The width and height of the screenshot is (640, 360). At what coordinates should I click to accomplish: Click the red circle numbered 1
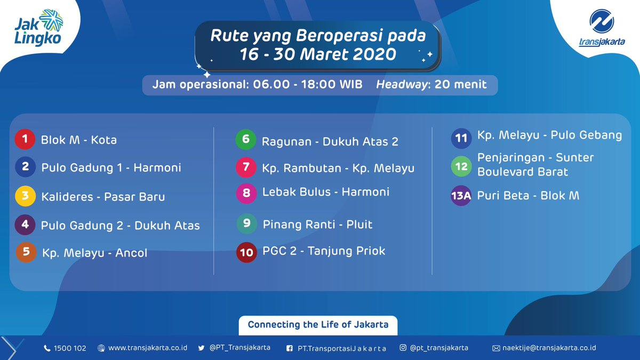(25, 139)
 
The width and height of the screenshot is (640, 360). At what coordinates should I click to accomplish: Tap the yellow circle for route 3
(25, 196)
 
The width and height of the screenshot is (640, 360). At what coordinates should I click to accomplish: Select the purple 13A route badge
(461, 196)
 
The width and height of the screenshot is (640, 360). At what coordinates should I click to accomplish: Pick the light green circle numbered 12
(461, 166)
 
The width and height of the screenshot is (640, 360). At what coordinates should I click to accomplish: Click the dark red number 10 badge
(246, 252)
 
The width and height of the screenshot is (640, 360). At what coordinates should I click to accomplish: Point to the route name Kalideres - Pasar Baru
(103, 197)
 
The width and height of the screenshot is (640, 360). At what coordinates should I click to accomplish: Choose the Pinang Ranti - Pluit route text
(317, 225)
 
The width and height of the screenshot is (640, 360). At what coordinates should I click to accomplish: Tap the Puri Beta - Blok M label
(529, 196)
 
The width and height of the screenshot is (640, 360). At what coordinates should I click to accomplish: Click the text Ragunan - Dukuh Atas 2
(330, 141)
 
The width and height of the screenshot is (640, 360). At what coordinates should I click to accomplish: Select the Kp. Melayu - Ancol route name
(94, 253)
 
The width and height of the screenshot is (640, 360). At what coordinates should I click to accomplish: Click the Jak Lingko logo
(38, 28)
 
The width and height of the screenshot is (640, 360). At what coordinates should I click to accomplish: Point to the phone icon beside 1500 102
(47, 348)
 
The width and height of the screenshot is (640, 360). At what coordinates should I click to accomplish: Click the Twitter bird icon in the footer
(202, 348)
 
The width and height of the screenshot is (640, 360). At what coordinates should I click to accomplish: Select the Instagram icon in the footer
(403, 347)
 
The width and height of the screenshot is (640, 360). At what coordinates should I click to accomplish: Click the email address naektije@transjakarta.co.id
(549, 348)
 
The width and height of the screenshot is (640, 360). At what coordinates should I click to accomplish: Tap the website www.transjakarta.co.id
(148, 348)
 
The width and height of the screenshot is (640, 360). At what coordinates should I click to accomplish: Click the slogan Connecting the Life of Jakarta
(318, 325)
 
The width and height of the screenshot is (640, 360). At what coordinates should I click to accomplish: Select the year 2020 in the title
(374, 54)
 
